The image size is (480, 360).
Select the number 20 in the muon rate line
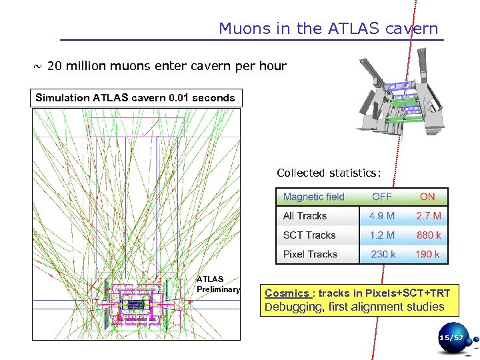click(55, 66)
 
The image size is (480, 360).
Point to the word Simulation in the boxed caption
click(62, 98)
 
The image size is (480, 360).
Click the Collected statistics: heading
click(329, 173)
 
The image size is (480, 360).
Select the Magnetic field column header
click(313, 197)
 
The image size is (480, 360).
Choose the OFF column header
click(381, 197)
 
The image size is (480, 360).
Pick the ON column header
click(427, 197)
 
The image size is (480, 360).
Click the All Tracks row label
click(305, 216)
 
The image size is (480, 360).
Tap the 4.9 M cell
click(382, 216)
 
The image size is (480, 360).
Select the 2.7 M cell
click(428, 216)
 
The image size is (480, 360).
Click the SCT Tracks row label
click(309, 235)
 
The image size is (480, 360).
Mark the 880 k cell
click(428, 235)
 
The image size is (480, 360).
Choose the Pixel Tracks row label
click(310, 254)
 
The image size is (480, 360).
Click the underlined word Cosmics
click(287, 293)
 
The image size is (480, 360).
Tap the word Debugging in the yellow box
click(293, 307)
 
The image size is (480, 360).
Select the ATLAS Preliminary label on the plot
click(217, 284)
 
